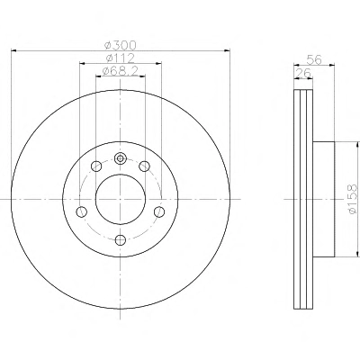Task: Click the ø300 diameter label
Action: coord(120,46)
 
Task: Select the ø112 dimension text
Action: coord(120,58)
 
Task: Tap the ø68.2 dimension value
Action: coord(120,71)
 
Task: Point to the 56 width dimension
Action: coord(314,60)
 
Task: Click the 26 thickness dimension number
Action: coord(303,73)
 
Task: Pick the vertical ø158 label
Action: coord(353,199)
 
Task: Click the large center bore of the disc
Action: coord(121,199)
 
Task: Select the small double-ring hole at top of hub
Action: coord(121,158)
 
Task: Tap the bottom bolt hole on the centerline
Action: coord(121,239)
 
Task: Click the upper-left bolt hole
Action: coord(96,166)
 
